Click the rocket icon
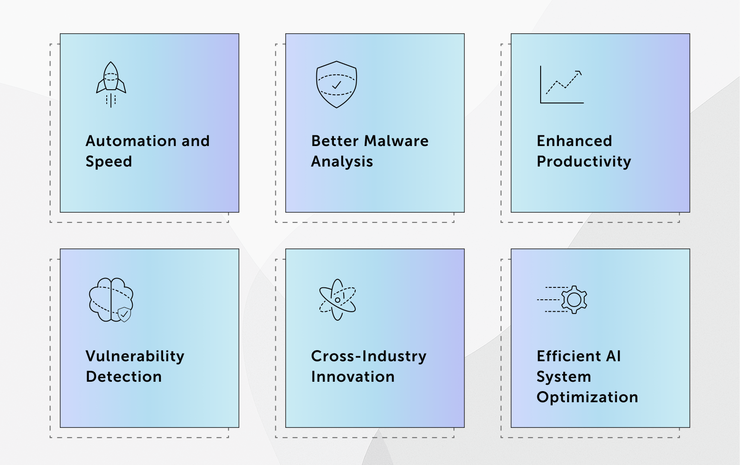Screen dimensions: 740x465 tap(111, 85)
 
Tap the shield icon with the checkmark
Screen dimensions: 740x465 tap(336, 85)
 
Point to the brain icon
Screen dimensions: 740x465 tap(111, 300)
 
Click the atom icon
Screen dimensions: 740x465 tap(337, 300)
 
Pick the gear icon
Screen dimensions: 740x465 tap(574, 300)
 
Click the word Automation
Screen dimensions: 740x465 tap(131, 141)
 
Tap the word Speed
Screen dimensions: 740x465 tap(109, 162)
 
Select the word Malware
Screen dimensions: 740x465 tap(396, 141)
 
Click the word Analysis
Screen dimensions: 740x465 tap(342, 162)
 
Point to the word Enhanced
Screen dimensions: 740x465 tap(574, 141)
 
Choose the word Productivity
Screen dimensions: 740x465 tap(584, 162)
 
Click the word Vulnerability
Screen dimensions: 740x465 tap(135, 357)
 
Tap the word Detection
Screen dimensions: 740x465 tap(124, 377)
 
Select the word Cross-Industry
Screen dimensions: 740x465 tap(369, 357)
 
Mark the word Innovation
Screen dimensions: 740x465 tap(353, 377)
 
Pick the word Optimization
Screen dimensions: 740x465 tap(587, 398)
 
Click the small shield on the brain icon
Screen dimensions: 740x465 tap(124, 314)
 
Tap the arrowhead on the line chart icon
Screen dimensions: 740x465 tap(579, 73)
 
